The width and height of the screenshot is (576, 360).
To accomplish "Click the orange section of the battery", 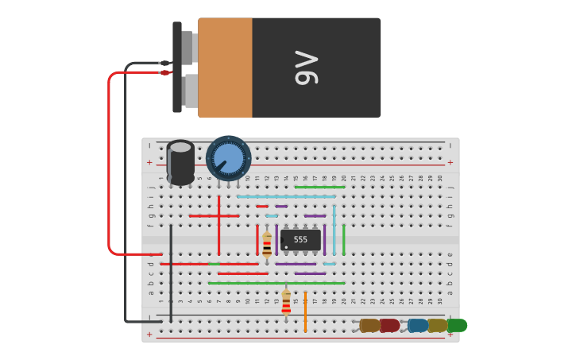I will [x=225, y=68].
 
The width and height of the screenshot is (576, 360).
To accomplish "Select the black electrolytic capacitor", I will [x=180, y=162].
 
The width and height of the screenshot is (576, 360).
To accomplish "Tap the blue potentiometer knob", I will [x=228, y=157].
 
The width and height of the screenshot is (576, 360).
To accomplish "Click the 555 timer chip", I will [x=301, y=239].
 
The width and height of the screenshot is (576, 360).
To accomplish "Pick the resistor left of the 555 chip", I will [x=267, y=243].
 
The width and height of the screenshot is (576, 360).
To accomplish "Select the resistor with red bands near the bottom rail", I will [x=286, y=302].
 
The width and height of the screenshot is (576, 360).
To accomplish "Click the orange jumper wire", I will [x=305, y=312].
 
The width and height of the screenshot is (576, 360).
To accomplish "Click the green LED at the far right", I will [x=457, y=325].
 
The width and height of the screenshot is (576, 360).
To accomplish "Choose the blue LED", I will [x=417, y=325].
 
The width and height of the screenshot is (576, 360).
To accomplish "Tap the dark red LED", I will [x=389, y=325].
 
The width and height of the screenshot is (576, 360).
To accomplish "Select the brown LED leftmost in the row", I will [x=369, y=325].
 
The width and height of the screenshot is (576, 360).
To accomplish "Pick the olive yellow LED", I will [x=437, y=325].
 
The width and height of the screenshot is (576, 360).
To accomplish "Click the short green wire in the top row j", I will [x=319, y=187].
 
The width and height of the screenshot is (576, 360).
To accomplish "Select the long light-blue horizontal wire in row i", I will [x=286, y=196].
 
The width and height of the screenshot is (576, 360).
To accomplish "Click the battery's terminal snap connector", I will [x=177, y=68].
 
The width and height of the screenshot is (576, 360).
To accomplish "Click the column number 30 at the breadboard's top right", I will [x=440, y=178].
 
